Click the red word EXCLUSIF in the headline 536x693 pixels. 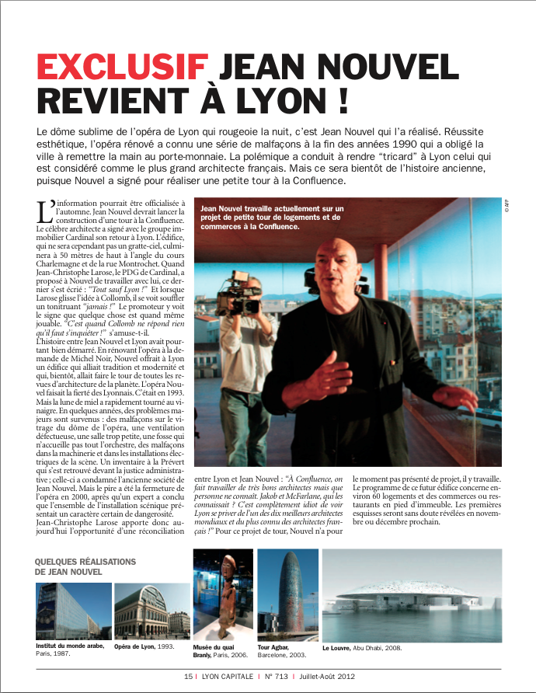pos(122,68)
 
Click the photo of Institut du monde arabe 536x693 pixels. pos(73,611)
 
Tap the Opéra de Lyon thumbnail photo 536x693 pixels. pos(151,611)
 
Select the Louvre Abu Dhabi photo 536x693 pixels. pos(412,594)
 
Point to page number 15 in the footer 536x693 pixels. pos(188,676)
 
